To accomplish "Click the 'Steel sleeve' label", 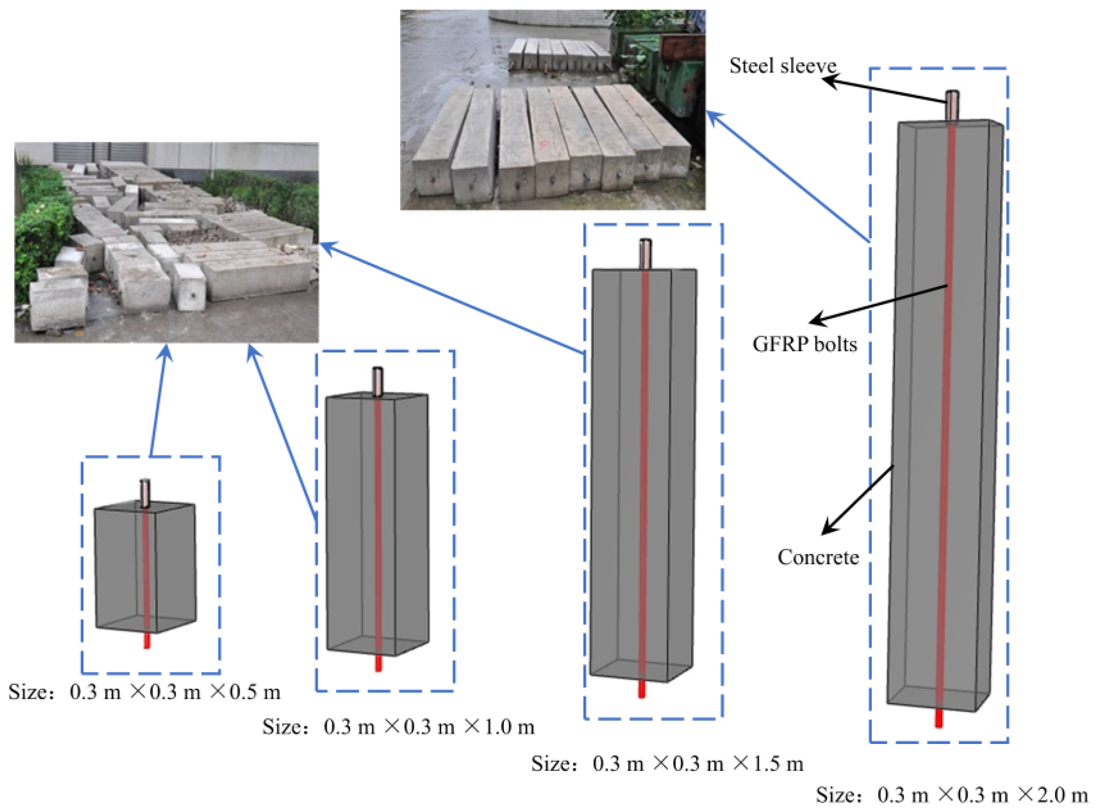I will coord(782,66).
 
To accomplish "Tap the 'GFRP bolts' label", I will coord(805,344).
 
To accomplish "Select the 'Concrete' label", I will coord(818,557).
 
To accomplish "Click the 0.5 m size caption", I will coord(144,692).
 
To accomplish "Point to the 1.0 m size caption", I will coord(398,727).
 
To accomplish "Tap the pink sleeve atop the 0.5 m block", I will coord(145,493).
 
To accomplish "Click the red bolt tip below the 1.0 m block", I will coord(378,663).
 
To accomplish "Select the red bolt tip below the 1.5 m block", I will coord(641,689).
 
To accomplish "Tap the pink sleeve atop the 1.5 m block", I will coord(645,254).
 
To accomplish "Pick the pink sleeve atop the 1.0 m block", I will coord(378,381).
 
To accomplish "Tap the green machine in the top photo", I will coord(668,73).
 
